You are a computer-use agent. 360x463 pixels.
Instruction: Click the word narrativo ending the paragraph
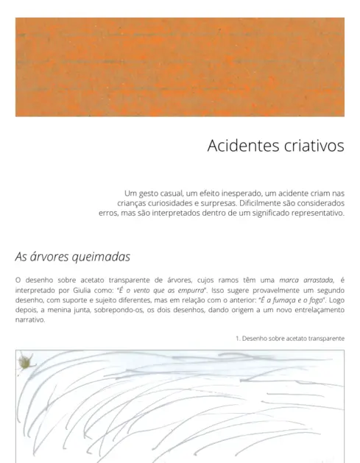pyautogui.click(x=30, y=320)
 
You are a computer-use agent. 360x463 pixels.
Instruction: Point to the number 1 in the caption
pyautogui.click(x=237, y=338)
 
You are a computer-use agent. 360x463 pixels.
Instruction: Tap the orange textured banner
pyautogui.click(x=180, y=66)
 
